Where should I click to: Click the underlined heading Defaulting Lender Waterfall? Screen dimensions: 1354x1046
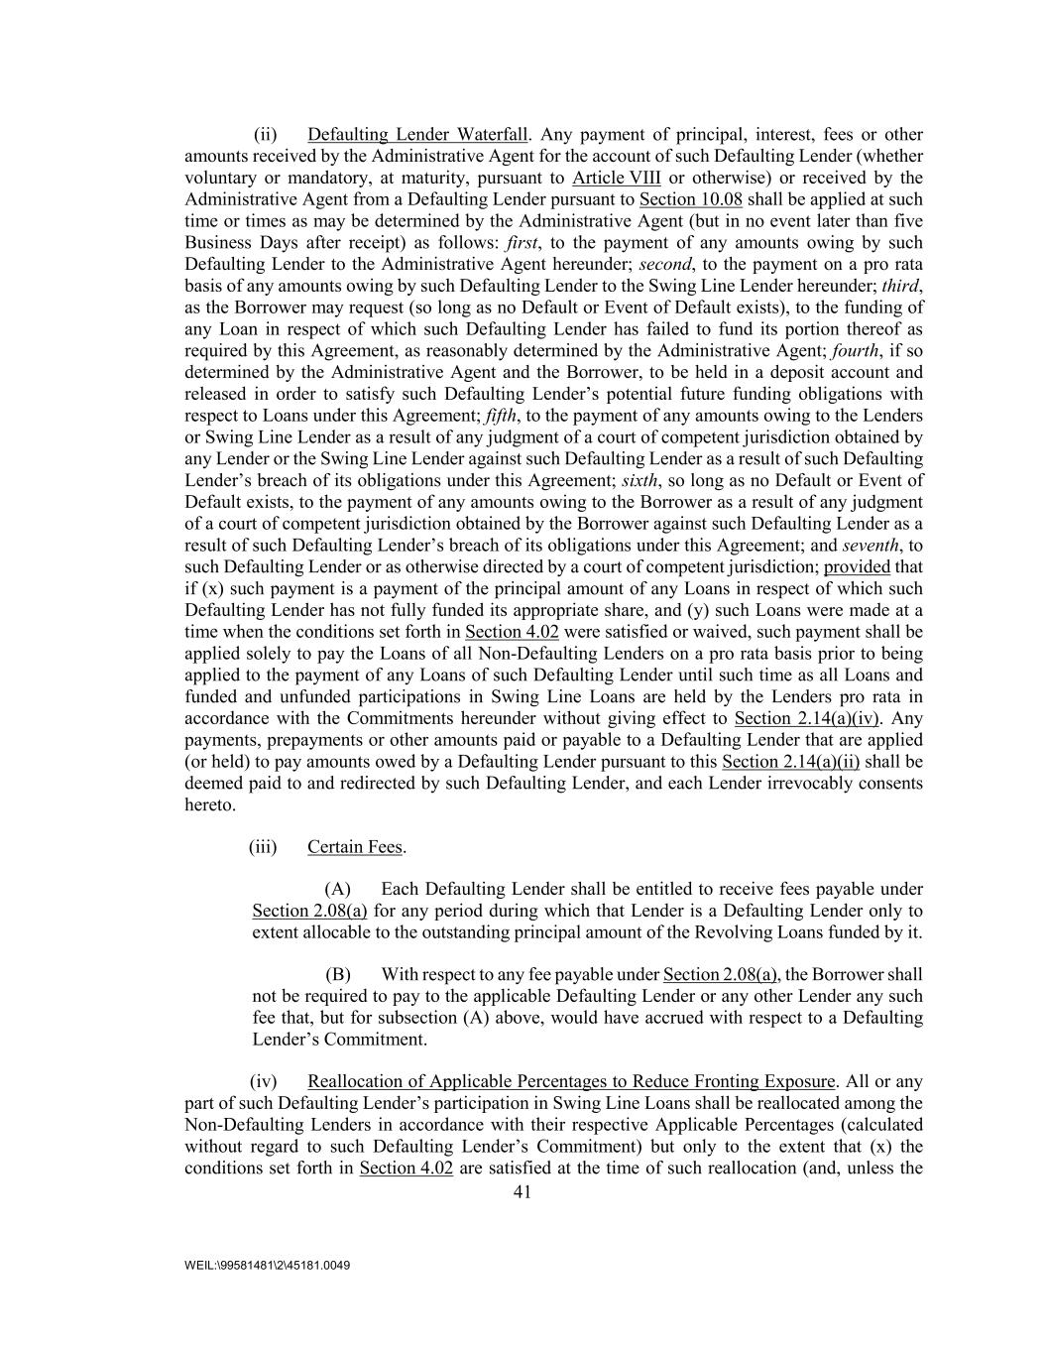417,135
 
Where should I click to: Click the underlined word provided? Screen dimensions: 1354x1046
857,567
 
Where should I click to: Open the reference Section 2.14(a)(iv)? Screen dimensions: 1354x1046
807,718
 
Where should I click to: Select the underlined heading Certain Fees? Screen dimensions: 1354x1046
355,847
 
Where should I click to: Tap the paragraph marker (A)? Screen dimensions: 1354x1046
338,890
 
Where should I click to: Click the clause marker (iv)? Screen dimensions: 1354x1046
262,1082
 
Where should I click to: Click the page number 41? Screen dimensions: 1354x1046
523,1193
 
